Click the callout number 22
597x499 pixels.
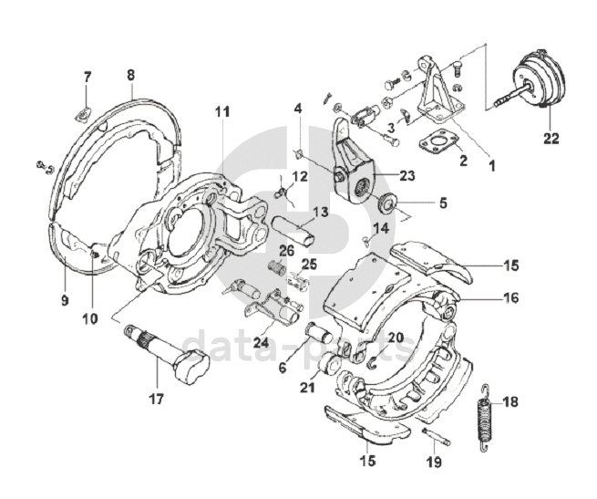(x=551, y=138)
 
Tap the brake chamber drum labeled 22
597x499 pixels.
(x=540, y=79)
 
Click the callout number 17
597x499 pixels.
(x=157, y=399)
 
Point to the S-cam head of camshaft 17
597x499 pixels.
(x=192, y=365)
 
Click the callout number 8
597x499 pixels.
(x=130, y=75)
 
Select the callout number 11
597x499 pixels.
(x=222, y=112)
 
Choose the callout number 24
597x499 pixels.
(x=261, y=343)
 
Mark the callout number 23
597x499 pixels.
(x=407, y=176)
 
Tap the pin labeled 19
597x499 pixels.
(x=437, y=437)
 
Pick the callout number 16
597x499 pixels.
(x=511, y=297)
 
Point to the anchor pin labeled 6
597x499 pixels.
(x=319, y=330)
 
